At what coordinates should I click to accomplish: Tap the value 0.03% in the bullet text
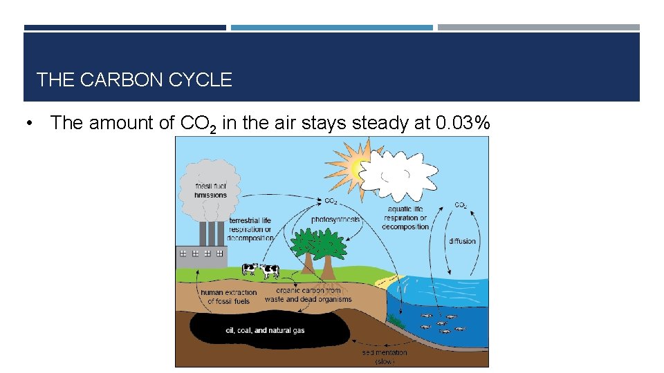coord(463,123)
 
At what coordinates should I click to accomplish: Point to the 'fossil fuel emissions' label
coord(210,190)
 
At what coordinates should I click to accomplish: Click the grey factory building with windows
coord(201,255)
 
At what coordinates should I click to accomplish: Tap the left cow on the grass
coord(249,268)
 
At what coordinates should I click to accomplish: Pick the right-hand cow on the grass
coord(269,271)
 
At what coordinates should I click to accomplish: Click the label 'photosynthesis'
coord(335,219)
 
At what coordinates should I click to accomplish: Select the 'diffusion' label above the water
coord(462,241)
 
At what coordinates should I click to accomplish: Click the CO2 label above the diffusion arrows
coord(461,205)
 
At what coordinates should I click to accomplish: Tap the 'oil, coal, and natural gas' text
coord(265,330)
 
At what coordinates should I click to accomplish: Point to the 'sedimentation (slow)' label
coord(385,356)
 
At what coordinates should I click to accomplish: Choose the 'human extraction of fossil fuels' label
coord(228,297)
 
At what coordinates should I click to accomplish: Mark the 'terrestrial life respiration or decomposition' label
coord(250,229)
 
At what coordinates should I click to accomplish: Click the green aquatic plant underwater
coord(395,318)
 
